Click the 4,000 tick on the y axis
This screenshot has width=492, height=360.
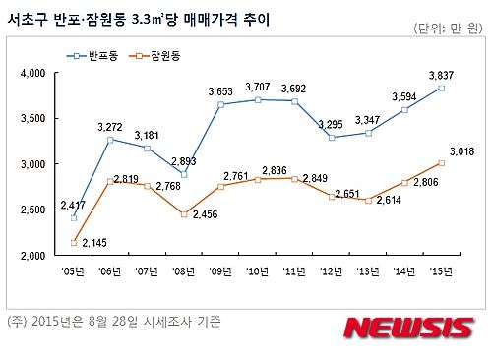pos(33,74)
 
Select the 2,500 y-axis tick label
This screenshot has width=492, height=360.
pos(33,210)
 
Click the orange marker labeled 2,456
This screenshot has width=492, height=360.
pos(182,213)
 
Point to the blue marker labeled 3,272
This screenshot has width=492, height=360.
pos(110,140)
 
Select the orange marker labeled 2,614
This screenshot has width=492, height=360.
pos(367,200)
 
